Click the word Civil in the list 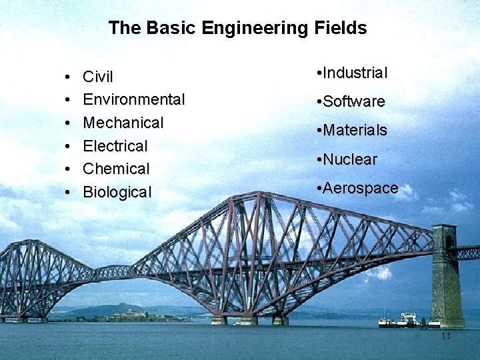click(98, 77)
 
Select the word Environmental click(133, 100)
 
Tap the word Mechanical click(123, 123)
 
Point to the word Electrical click(115, 146)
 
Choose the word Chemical click(116, 169)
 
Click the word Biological click(117, 193)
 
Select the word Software click(355, 102)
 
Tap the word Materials click(355, 131)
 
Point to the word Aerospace click(361, 189)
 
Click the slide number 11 click(446, 337)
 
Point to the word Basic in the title click(162, 28)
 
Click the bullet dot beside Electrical click(69, 147)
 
